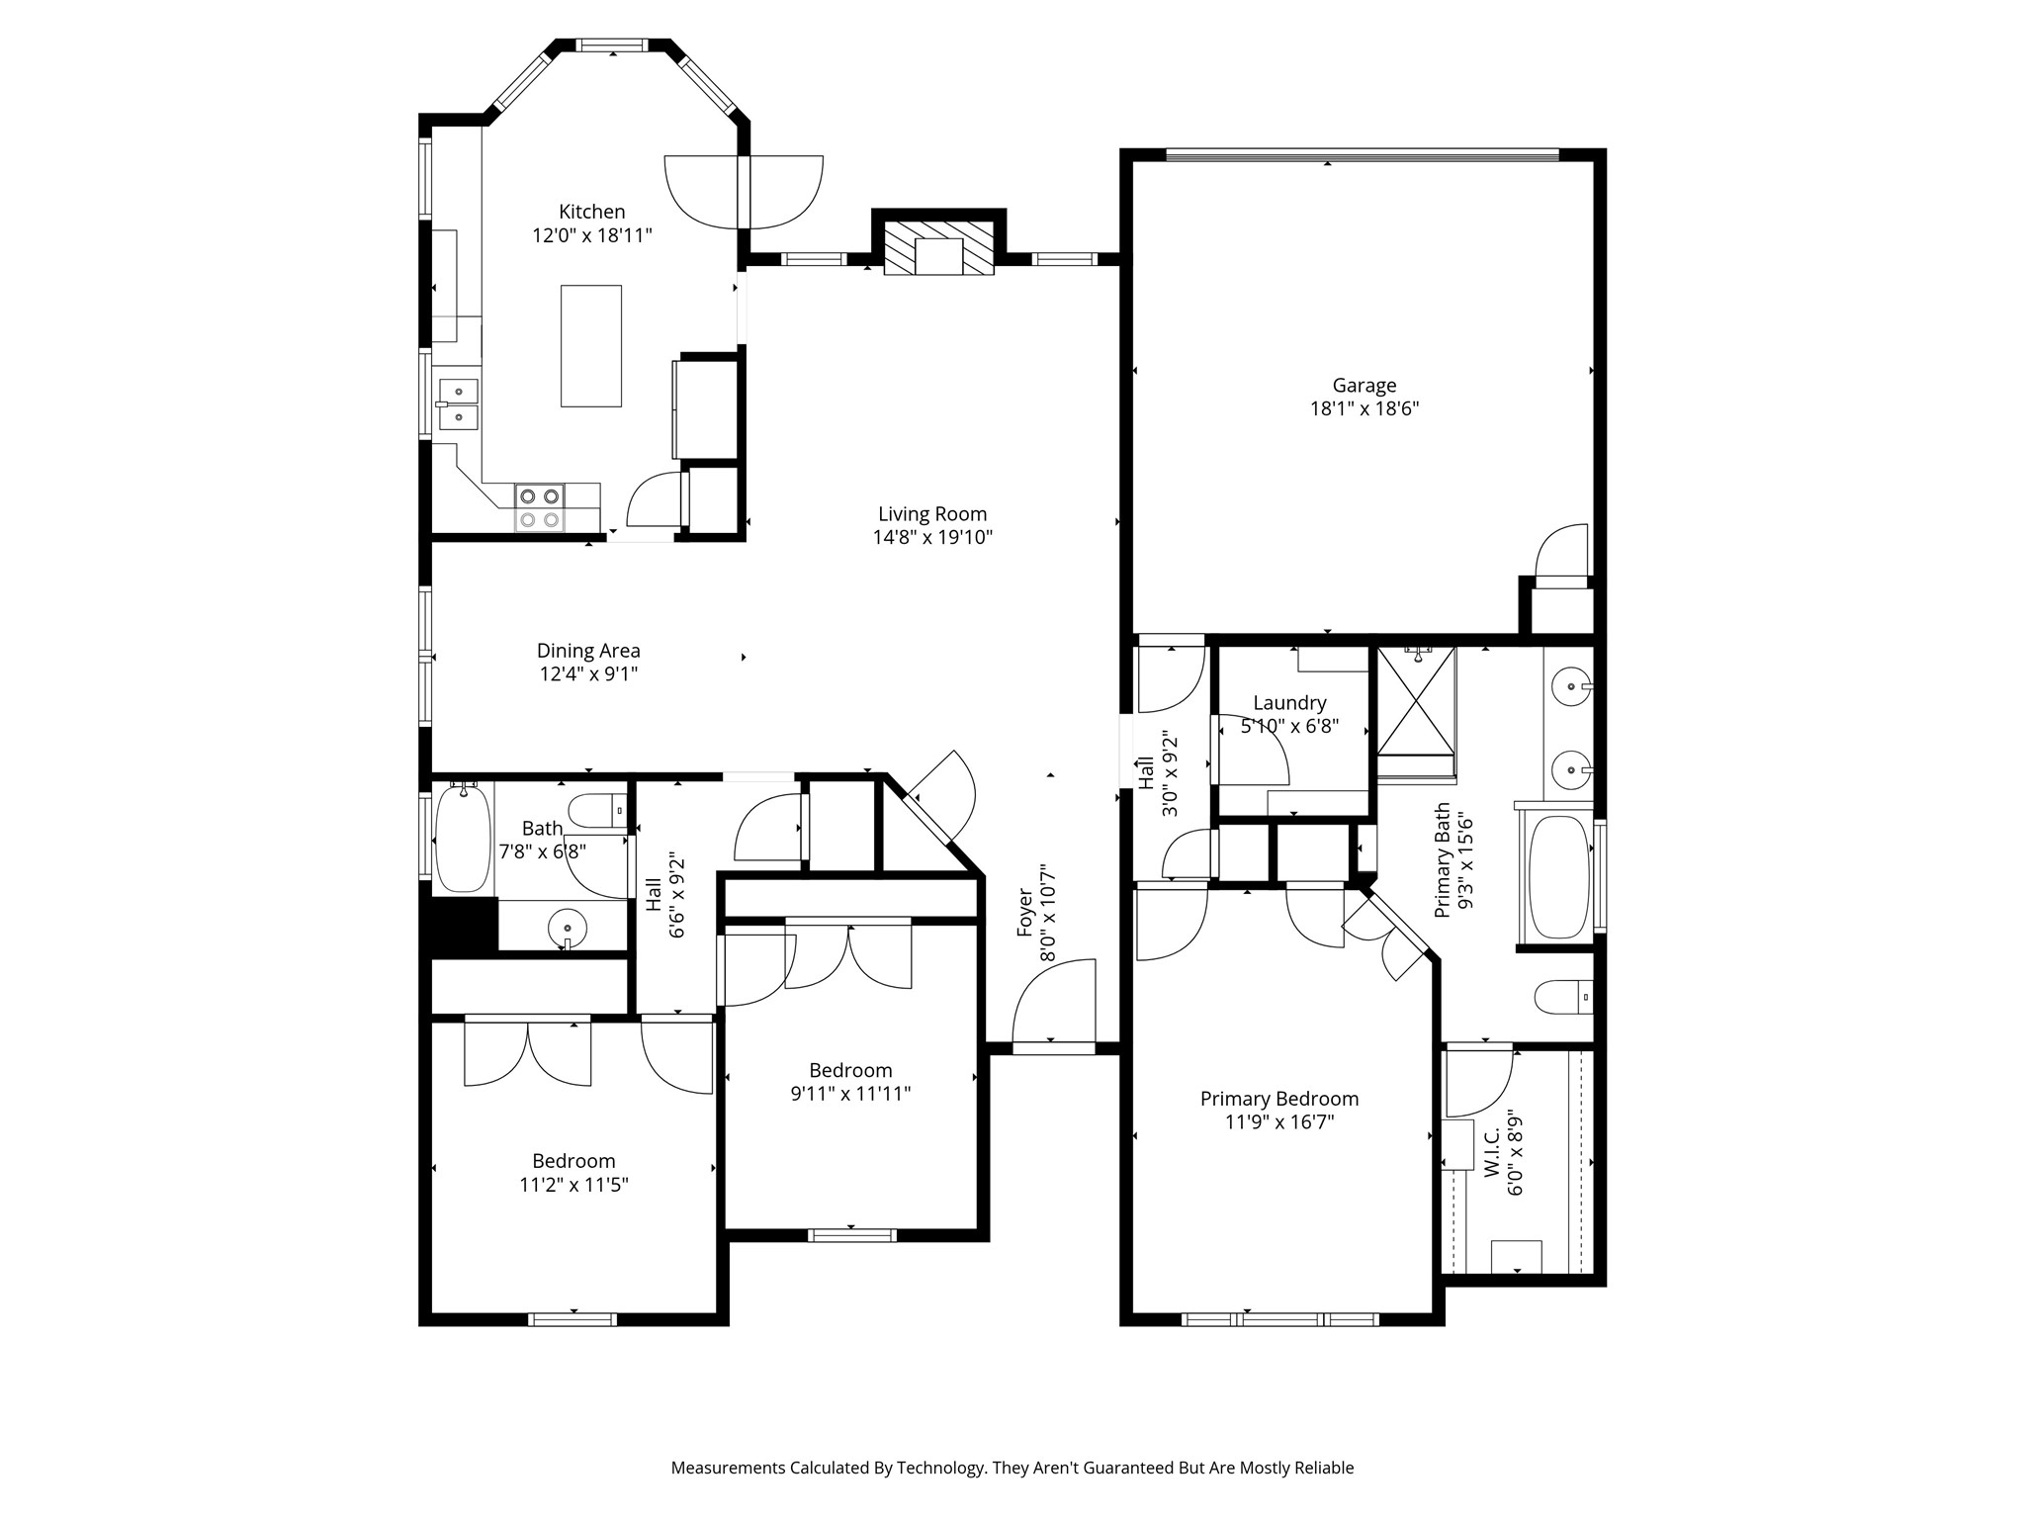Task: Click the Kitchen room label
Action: coord(591,212)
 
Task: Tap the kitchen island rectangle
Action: coord(591,345)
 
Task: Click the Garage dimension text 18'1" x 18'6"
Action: coord(1365,408)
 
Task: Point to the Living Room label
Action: coord(932,514)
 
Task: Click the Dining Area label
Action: coord(588,651)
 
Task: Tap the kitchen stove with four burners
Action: coord(540,507)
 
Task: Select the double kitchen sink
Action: coord(458,404)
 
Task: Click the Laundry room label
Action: coord(1289,703)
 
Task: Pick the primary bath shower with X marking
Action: coord(1417,701)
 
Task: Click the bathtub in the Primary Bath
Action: coord(1559,876)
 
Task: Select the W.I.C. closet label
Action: coord(1492,1152)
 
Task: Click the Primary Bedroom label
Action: coord(1279,1099)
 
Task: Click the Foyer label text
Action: coord(1025,912)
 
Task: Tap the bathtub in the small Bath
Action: coord(463,839)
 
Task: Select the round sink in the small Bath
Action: coord(568,929)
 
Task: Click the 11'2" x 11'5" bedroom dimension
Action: coord(573,1185)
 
